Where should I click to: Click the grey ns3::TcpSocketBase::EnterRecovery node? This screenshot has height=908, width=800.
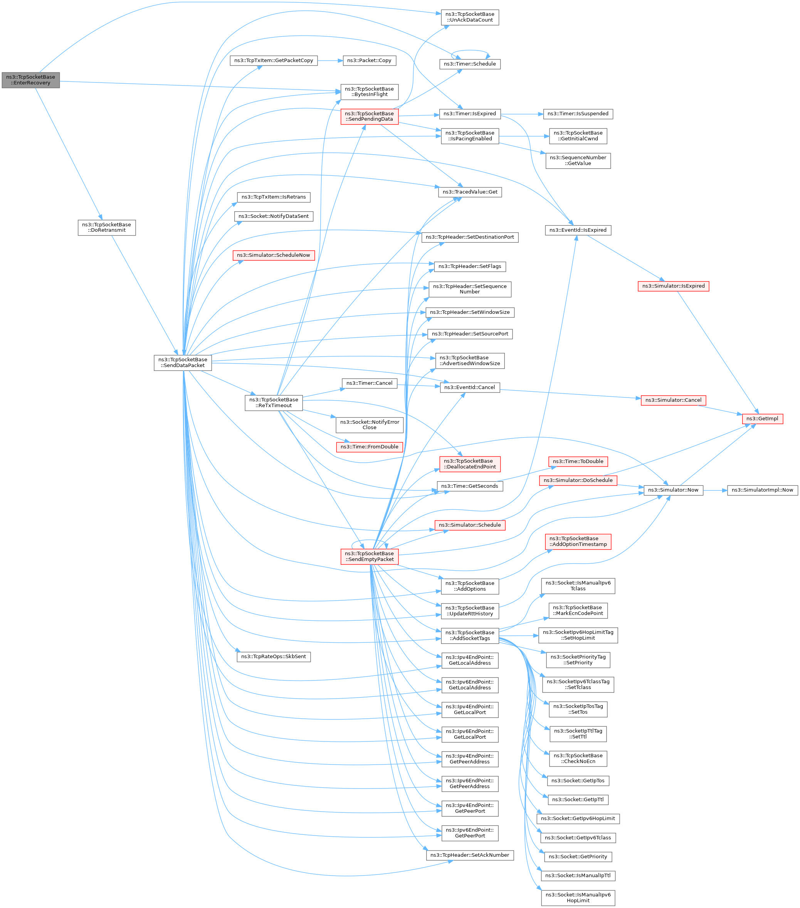(x=30, y=80)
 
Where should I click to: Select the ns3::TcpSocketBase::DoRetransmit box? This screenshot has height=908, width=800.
(x=106, y=227)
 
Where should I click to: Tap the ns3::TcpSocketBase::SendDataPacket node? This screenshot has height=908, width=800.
(x=183, y=362)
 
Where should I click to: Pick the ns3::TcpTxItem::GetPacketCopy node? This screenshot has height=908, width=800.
(x=274, y=61)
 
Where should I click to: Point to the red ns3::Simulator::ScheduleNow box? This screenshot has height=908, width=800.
(x=274, y=255)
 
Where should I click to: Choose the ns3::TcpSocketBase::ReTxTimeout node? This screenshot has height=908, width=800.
(x=274, y=403)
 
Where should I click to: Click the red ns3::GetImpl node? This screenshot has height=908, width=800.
(x=762, y=418)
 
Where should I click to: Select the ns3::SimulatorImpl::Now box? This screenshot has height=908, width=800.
(x=762, y=490)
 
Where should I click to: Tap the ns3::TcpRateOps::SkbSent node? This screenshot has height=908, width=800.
(x=274, y=656)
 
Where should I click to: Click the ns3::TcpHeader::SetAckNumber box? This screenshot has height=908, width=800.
(x=470, y=855)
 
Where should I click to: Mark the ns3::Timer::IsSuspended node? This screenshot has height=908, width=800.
(x=578, y=114)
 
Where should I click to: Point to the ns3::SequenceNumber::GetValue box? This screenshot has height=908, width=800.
(x=578, y=160)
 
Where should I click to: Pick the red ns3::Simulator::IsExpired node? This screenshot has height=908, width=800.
(x=673, y=286)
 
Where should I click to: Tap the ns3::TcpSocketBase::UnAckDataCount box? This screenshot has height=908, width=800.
(x=470, y=17)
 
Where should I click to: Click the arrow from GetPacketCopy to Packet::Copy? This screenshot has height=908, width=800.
(x=330, y=61)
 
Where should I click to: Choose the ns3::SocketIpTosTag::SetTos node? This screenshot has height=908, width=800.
(x=578, y=709)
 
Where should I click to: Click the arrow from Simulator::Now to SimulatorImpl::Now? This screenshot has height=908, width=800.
(x=715, y=490)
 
